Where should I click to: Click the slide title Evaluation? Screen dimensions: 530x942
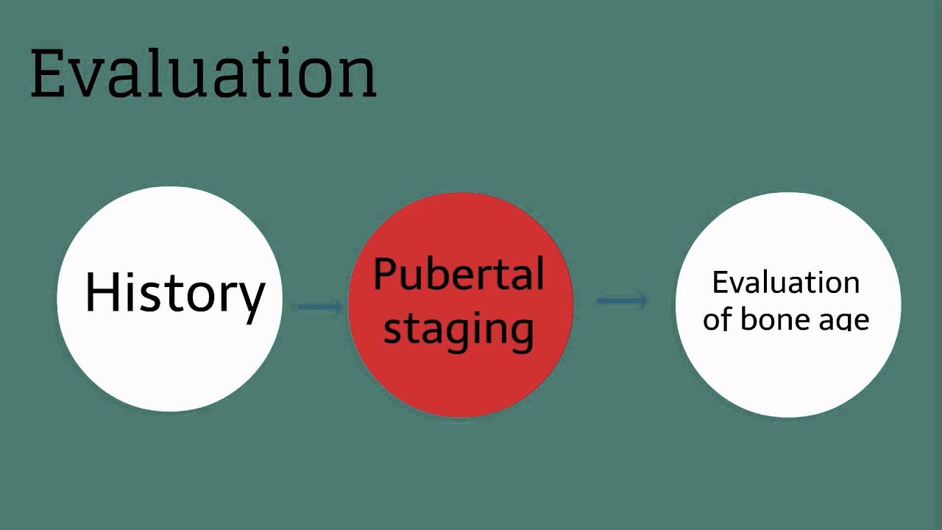[203, 74]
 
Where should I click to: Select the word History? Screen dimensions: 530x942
[174, 293]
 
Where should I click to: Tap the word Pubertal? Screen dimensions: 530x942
[458, 275]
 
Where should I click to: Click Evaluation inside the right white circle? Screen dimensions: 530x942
[786, 283]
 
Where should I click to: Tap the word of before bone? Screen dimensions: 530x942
[718, 319]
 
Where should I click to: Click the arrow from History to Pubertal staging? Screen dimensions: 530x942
[319, 305]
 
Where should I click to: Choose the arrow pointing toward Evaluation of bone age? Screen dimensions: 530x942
[623, 300]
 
